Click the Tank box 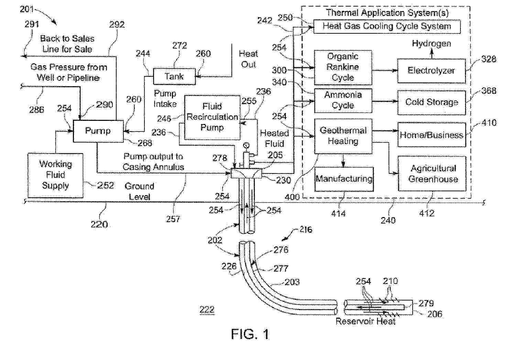[174, 76]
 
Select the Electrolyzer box [431, 71]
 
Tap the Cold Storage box [431, 102]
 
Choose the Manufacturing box [344, 179]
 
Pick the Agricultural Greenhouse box [432, 173]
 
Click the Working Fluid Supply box [55, 175]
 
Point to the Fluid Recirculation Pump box [212, 117]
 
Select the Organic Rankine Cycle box [343, 67]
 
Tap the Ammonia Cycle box [343, 100]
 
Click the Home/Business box [431, 135]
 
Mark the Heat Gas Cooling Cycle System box [387, 26]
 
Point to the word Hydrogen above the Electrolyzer [431, 44]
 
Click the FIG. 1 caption [250, 334]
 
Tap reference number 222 [207, 309]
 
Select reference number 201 [27, 9]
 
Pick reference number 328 [488, 59]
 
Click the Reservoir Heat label [365, 321]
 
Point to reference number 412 [426, 213]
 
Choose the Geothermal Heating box [343, 136]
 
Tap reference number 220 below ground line [99, 224]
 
